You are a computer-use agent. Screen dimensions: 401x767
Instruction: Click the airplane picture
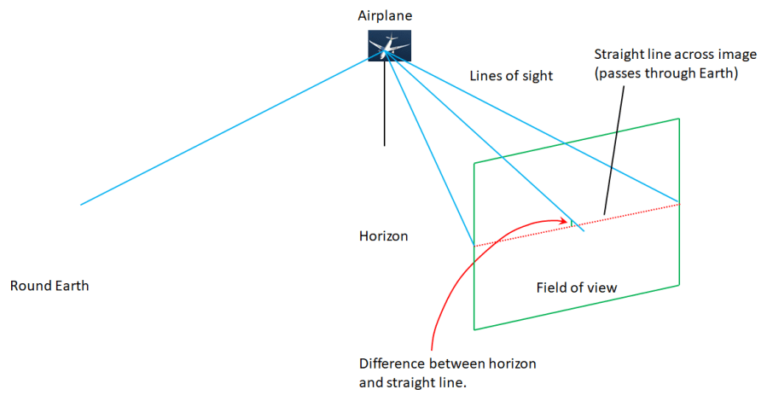(388, 45)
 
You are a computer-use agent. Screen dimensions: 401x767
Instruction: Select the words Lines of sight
(511, 76)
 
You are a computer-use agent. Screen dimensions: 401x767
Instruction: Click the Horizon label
(383, 235)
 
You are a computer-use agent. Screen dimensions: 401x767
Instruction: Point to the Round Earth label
(49, 286)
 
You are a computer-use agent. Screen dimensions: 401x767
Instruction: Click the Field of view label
(576, 287)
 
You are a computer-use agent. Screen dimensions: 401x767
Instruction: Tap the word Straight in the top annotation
(616, 55)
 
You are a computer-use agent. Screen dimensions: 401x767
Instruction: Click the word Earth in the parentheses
(716, 73)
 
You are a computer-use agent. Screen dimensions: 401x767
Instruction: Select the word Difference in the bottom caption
(390, 364)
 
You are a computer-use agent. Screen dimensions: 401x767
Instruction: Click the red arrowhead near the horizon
(565, 220)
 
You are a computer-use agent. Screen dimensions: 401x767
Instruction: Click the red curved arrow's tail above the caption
(435, 337)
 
